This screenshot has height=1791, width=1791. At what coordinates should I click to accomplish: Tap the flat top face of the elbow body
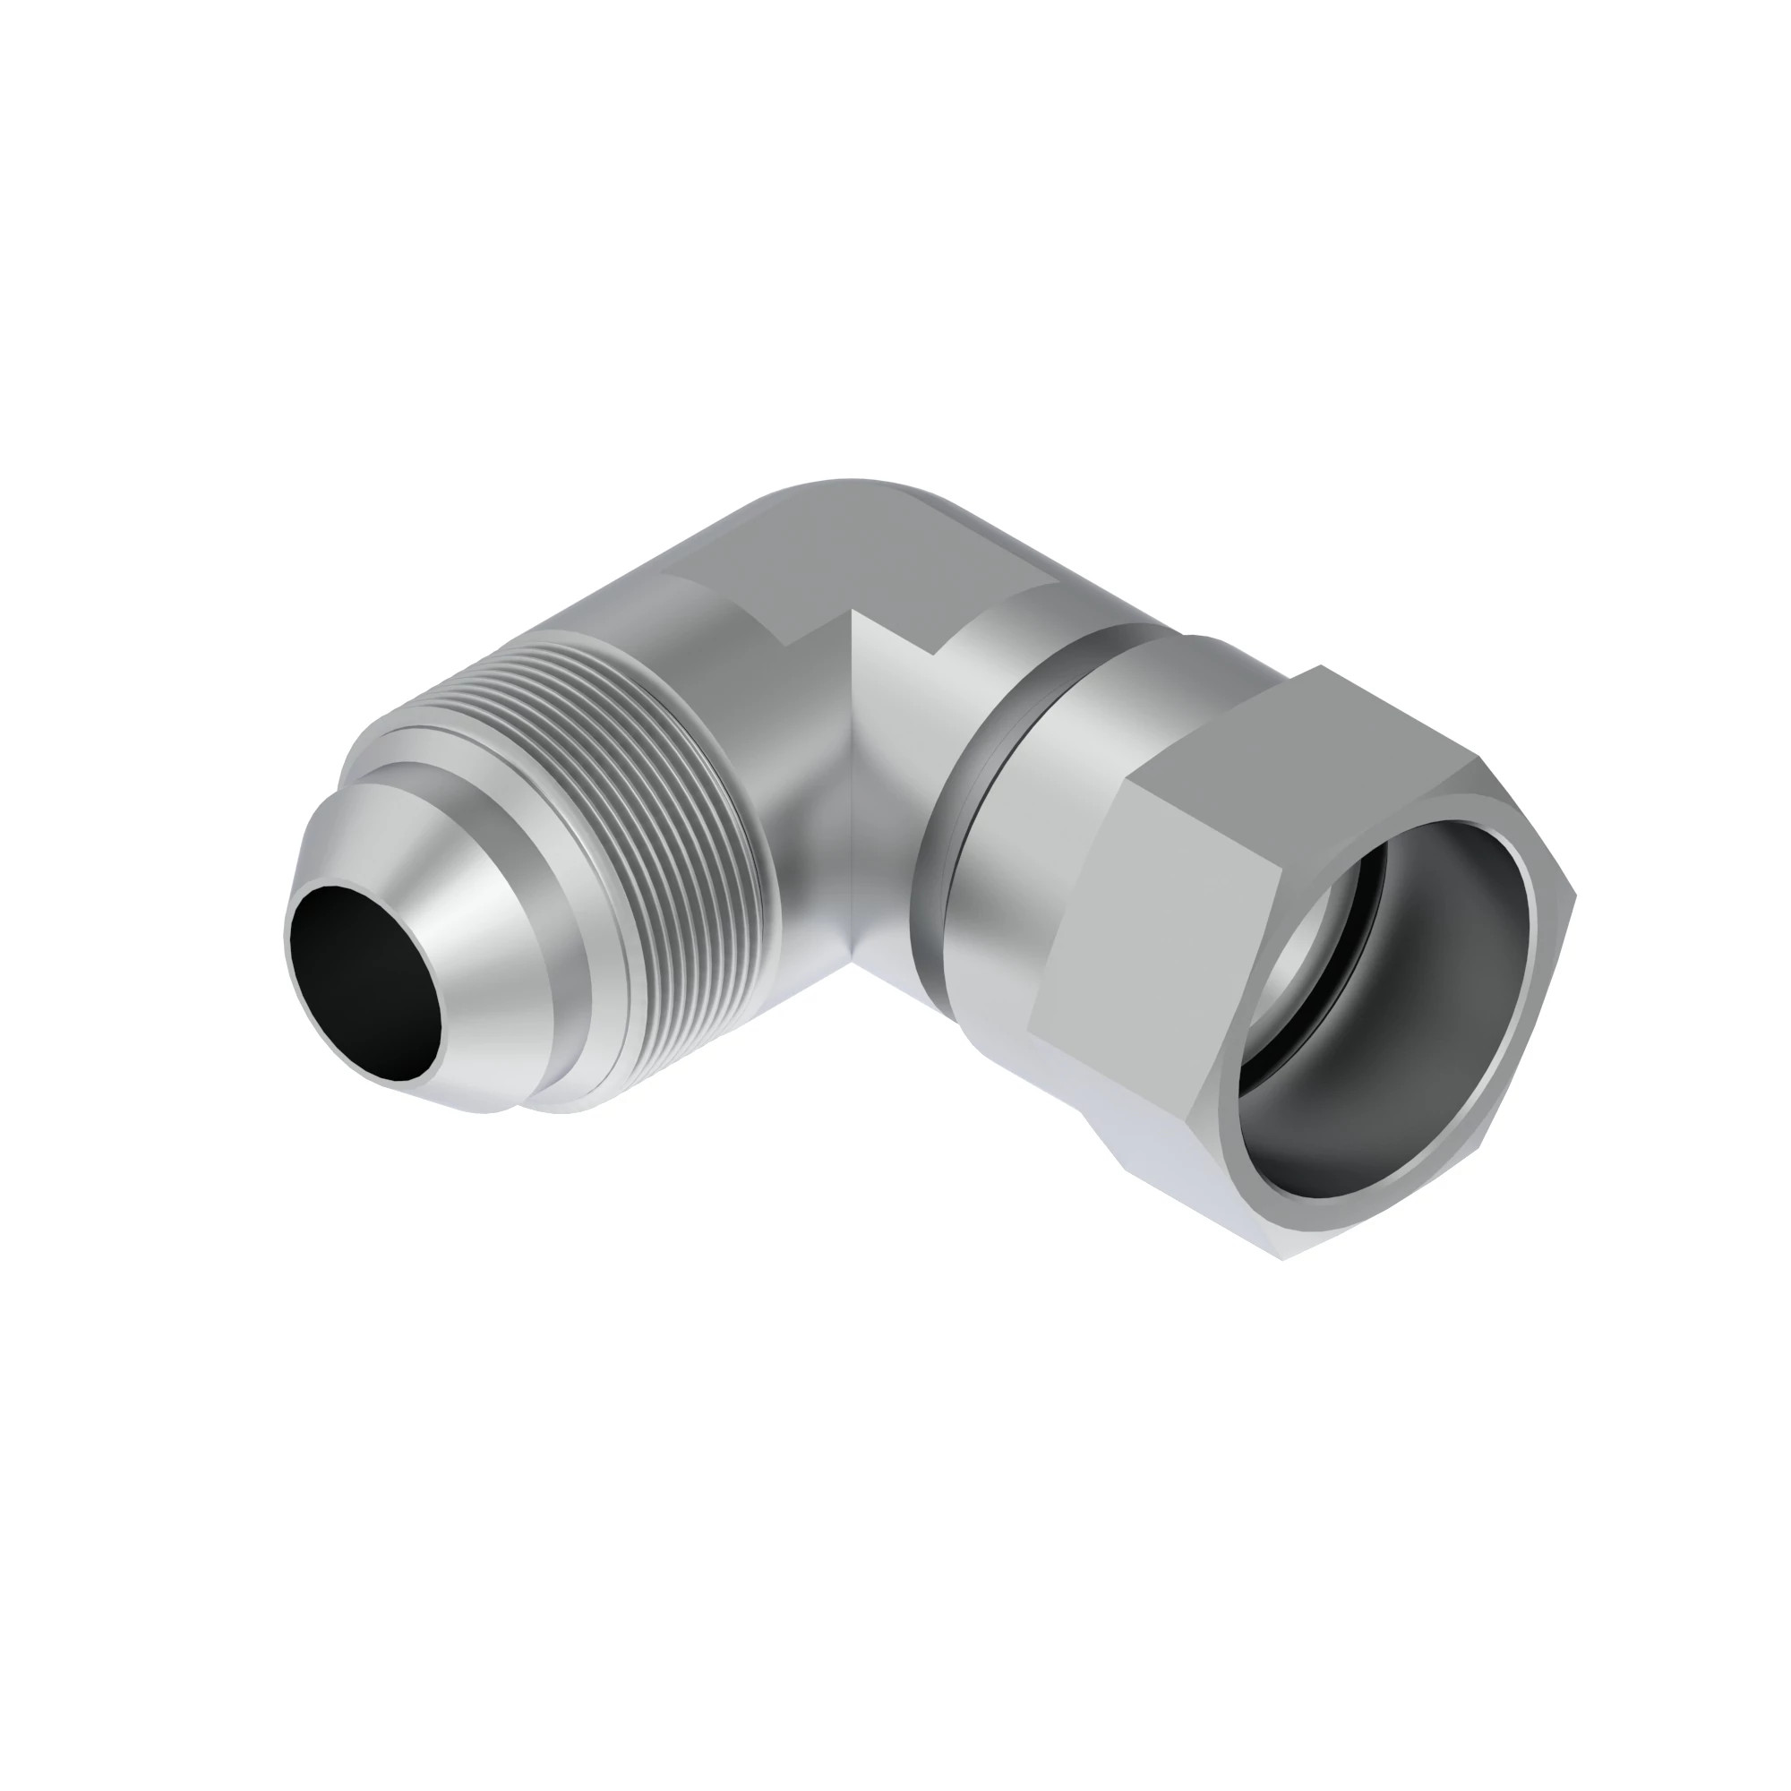[x=862, y=556]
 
